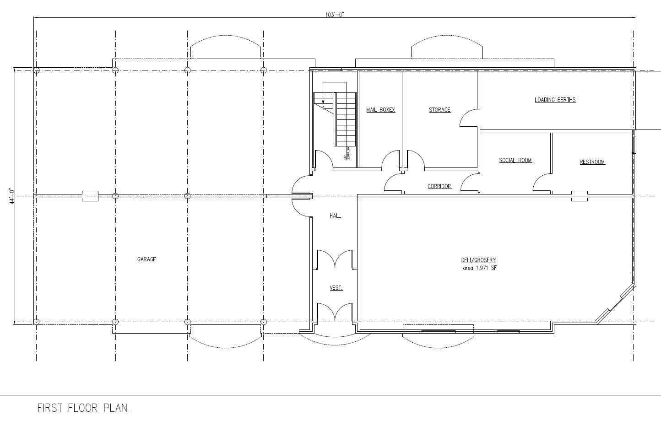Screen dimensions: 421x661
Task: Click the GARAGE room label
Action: point(147,259)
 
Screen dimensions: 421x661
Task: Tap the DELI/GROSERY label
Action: point(478,260)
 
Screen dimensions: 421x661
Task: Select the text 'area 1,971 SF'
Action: point(479,268)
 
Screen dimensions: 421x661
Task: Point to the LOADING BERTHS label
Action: point(555,100)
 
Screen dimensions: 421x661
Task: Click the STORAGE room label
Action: point(439,110)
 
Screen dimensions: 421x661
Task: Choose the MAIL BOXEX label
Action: point(380,110)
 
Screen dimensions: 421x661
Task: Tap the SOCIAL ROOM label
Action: point(515,160)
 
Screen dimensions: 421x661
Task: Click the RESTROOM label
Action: point(592,162)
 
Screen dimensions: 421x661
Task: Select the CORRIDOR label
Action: point(439,186)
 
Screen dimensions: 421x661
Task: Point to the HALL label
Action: point(336,216)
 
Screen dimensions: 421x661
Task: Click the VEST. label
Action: point(336,288)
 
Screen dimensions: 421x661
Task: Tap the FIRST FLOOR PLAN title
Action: point(83,408)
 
